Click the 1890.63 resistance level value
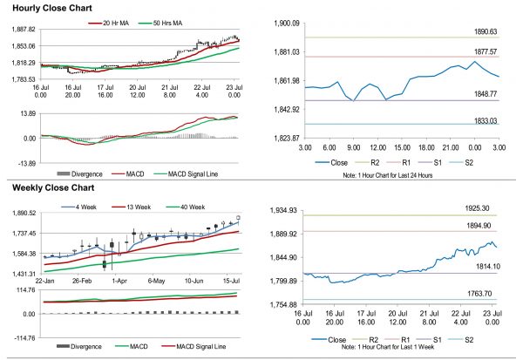point(482,31)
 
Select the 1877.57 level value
point(482,51)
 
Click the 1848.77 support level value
point(482,93)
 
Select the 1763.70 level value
point(482,295)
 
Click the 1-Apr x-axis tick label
point(120,282)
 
